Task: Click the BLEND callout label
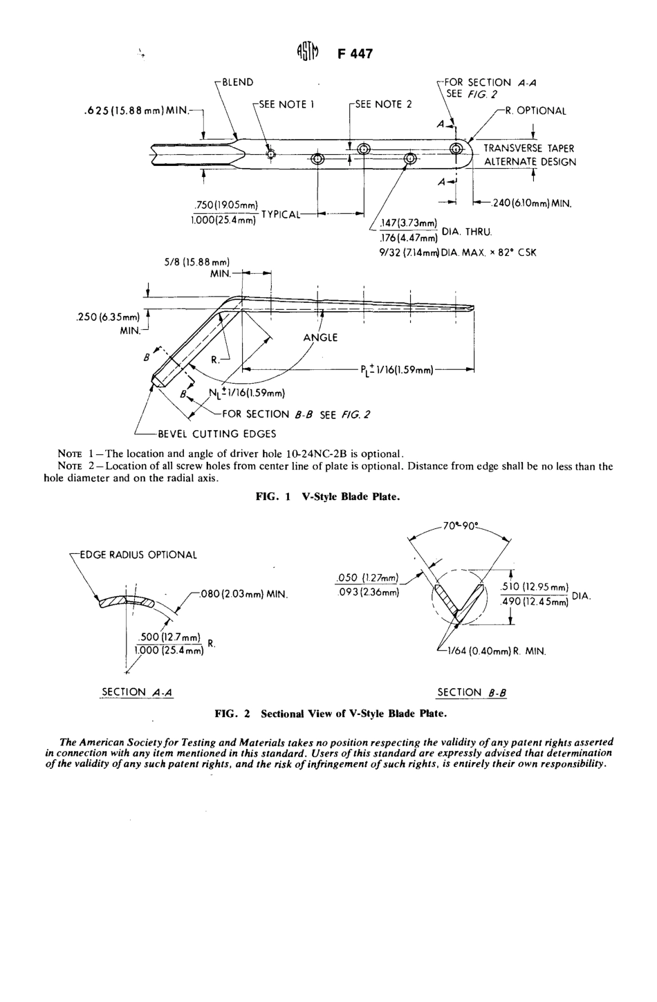point(237,82)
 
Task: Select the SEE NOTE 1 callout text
point(286,104)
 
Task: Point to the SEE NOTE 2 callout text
point(382,104)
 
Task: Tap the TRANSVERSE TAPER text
point(529,148)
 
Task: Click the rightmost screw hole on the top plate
point(456,149)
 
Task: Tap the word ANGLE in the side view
point(320,337)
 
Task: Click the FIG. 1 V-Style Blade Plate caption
point(328,497)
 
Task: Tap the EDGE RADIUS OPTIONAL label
point(138,555)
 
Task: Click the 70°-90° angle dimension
point(463,526)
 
